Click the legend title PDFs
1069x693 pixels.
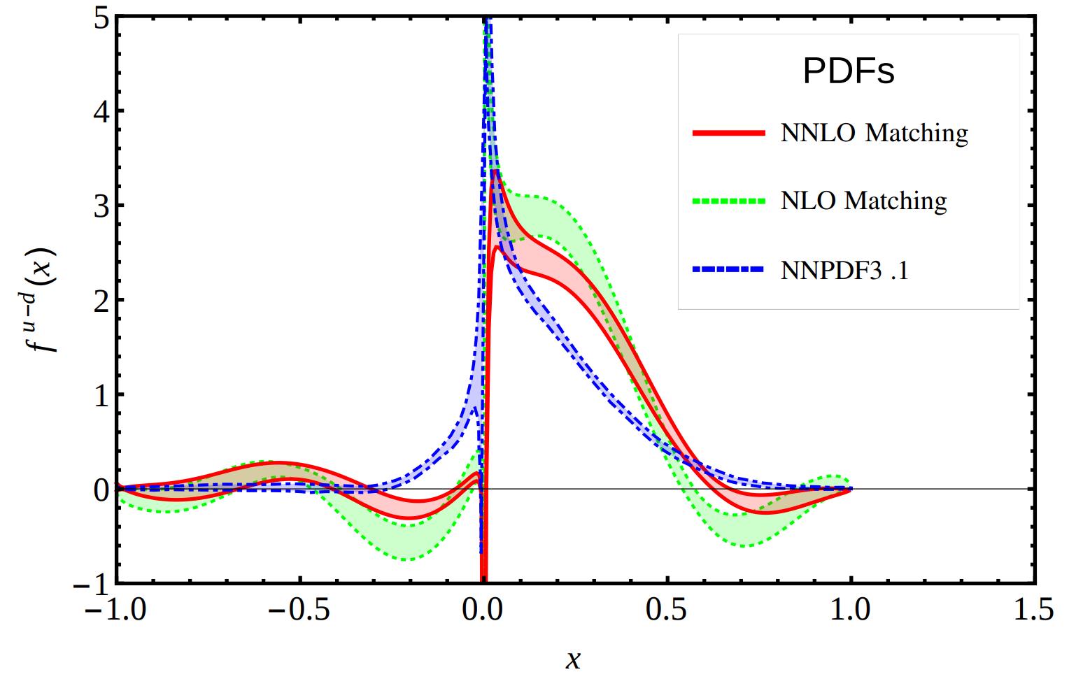(x=848, y=71)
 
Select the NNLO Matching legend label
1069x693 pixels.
(x=874, y=133)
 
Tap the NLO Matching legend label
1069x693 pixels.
(x=863, y=201)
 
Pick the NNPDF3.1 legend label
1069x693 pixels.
(x=844, y=270)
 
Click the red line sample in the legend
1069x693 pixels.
(x=728, y=133)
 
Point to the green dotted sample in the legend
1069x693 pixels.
(x=728, y=201)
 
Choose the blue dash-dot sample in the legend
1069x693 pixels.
(x=728, y=270)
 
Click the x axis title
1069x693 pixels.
(x=573, y=659)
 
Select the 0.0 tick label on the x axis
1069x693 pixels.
(x=482, y=610)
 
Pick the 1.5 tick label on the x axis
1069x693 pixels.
(x=1033, y=610)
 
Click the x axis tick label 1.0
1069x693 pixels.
(x=850, y=610)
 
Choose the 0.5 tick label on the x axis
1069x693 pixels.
(x=666, y=610)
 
